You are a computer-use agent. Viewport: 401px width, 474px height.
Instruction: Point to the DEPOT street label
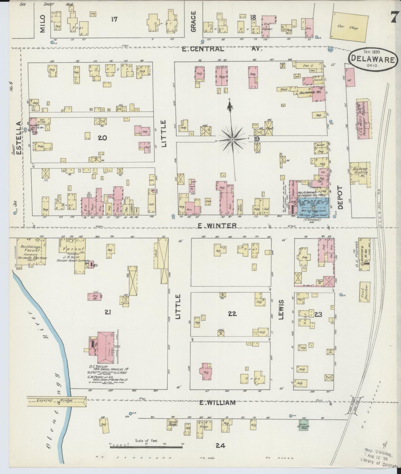pyautogui.click(x=341, y=197)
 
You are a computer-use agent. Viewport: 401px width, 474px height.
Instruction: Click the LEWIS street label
pyautogui.click(x=281, y=309)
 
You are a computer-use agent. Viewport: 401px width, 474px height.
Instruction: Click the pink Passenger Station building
pyautogui.click(x=364, y=120)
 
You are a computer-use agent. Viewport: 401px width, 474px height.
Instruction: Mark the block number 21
pyautogui.click(x=108, y=312)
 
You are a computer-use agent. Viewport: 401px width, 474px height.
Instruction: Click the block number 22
pyautogui.click(x=232, y=314)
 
